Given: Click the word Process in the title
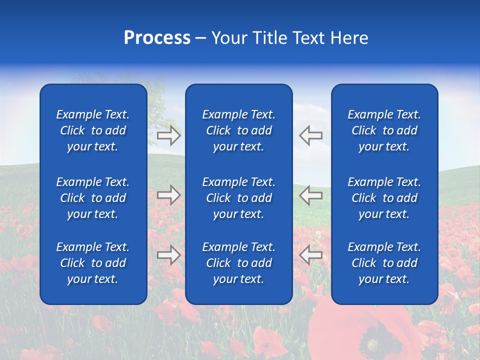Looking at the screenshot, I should tap(157, 38).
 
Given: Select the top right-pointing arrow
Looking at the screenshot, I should tap(169, 135).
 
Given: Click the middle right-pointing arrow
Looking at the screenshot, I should tap(169, 194).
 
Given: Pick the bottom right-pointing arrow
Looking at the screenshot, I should tap(169, 255).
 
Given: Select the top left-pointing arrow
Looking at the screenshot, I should tap(311, 135).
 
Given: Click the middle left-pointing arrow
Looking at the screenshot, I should tap(311, 194).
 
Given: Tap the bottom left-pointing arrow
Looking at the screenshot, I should tap(311, 255).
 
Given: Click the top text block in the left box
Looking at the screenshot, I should tap(93, 130).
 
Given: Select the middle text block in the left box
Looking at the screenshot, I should tap(93, 198).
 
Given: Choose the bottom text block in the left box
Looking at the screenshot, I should tap(93, 263).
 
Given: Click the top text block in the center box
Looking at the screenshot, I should tap(239, 130).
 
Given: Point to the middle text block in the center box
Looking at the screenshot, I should tap(239, 198).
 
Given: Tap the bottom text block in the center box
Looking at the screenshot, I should tap(239, 263).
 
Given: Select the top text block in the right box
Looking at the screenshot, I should tap(384, 130).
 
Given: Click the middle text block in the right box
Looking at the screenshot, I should tap(384, 198).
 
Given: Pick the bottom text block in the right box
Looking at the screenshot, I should tap(384, 263).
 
